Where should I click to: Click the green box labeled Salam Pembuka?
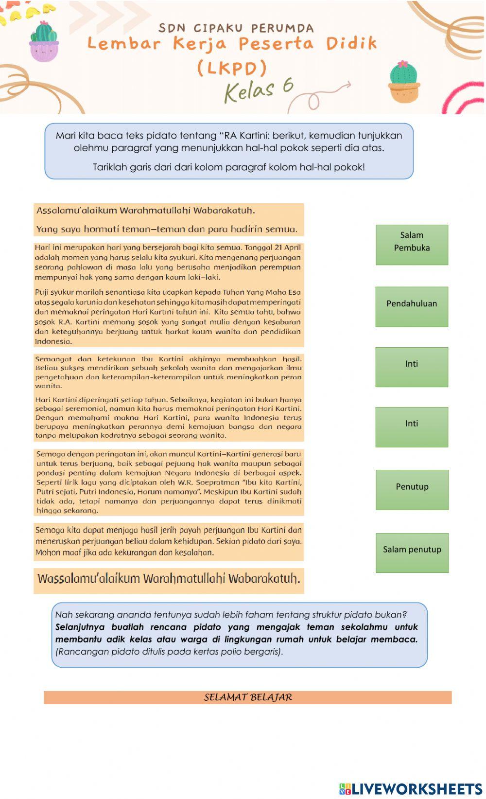[x=412, y=245]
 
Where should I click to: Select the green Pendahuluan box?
[x=412, y=306]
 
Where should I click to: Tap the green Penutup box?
[x=412, y=489]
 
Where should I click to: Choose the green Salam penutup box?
[x=412, y=552]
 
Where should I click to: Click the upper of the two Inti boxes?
[x=412, y=367]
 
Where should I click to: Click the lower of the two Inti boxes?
[x=412, y=427]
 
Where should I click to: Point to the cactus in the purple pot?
[x=44, y=41]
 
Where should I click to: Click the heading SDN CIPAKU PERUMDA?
[x=236, y=28]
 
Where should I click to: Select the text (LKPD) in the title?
[x=232, y=68]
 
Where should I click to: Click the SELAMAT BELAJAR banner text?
[x=248, y=697]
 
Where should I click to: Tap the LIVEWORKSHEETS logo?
[x=411, y=788]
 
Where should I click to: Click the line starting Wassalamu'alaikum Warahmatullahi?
[x=169, y=579]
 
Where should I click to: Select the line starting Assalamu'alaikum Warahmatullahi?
[x=146, y=211]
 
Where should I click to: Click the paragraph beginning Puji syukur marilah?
[x=168, y=316]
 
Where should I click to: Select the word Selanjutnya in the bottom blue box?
[x=80, y=627]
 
